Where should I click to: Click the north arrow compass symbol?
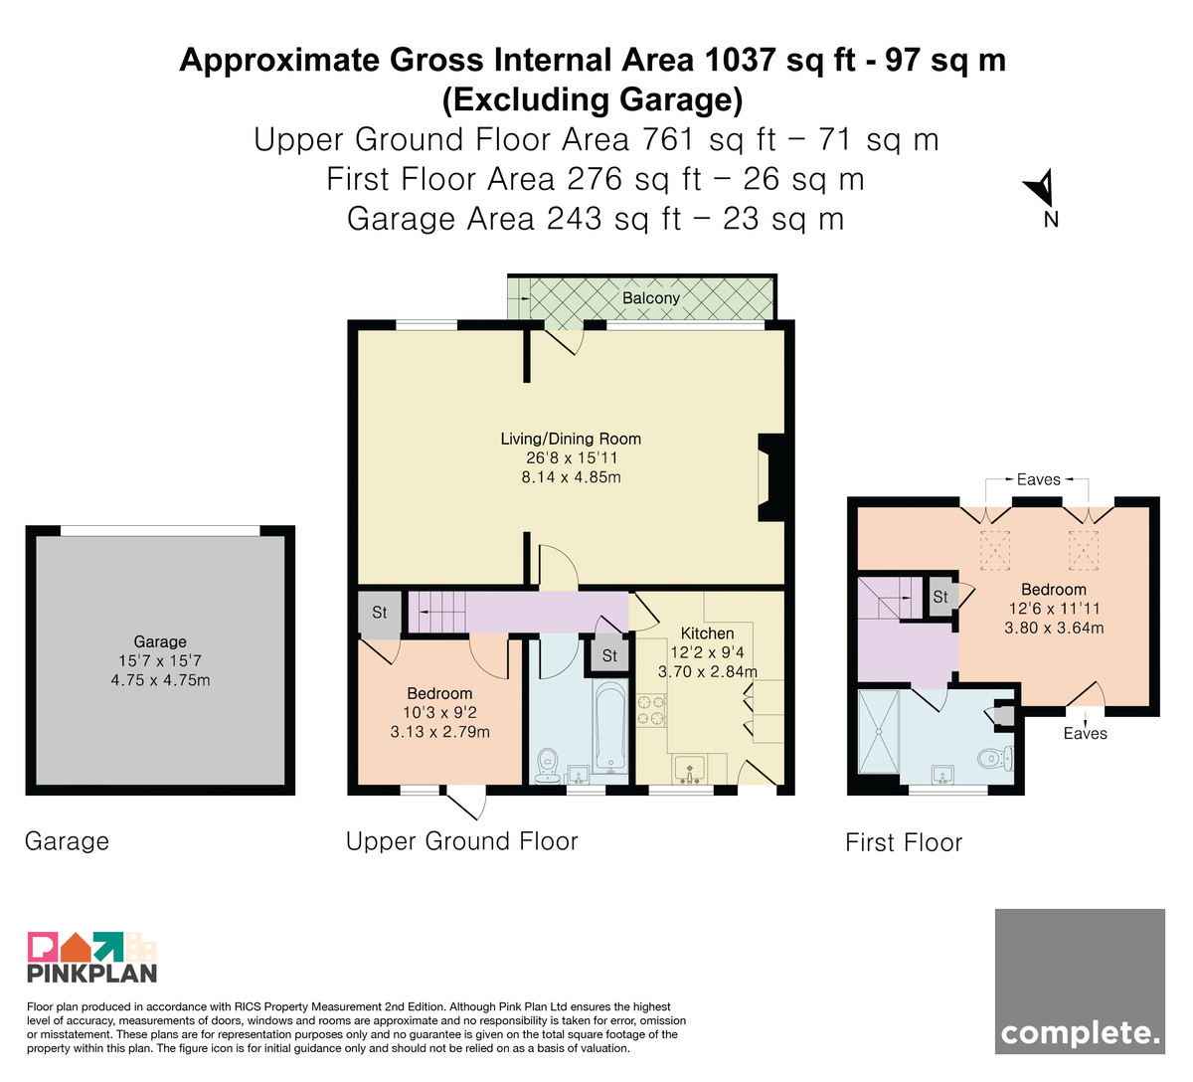[1042, 189]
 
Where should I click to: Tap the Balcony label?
[650, 297]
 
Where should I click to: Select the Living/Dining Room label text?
[571, 439]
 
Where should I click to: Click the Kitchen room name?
[707, 633]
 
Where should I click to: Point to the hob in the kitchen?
[651, 711]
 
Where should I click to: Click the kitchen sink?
[689, 770]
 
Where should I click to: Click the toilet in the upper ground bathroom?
[547, 767]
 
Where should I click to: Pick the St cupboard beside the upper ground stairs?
[380, 613]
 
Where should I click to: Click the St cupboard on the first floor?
[940, 597]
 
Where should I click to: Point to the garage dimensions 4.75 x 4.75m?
[161, 679]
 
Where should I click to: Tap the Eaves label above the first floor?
[1038, 479]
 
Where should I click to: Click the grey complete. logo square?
[1080, 981]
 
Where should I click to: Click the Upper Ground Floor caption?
[462, 841]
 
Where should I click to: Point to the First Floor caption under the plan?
[904, 842]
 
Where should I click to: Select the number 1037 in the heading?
[740, 60]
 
